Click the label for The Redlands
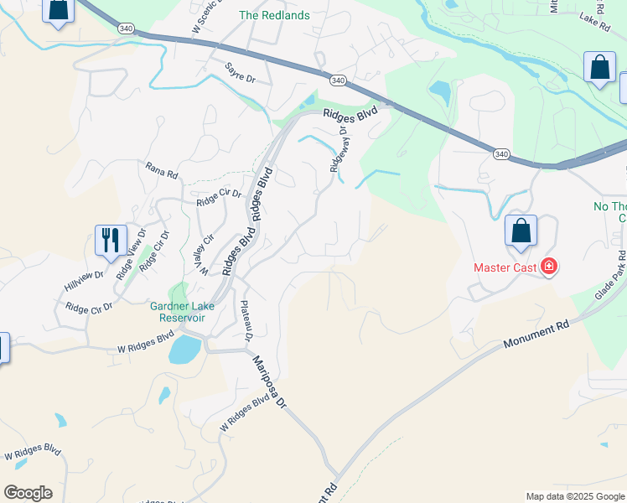pyautogui.click(x=274, y=15)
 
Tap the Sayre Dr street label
pyautogui.click(x=239, y=72)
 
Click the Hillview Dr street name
pyautogui.click(x=84, y=274)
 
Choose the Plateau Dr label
pyautogui.click(x=246, y=321)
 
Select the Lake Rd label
pyautogui.click(x=593, y=16)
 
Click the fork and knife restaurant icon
pyautogui.click(x=111, y=240)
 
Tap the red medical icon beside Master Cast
pyautogui.click(x=549, y=267)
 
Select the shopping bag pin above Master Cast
pyautogui.click(x=521, y=231)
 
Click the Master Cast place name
pyautogui.click(x=505, y=268)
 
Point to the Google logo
pyautogui.click(x=28, y=493)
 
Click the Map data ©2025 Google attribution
pyautogui.click(x=574, y=496)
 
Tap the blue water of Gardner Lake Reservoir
pyautogui.click(x=184, y=350)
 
